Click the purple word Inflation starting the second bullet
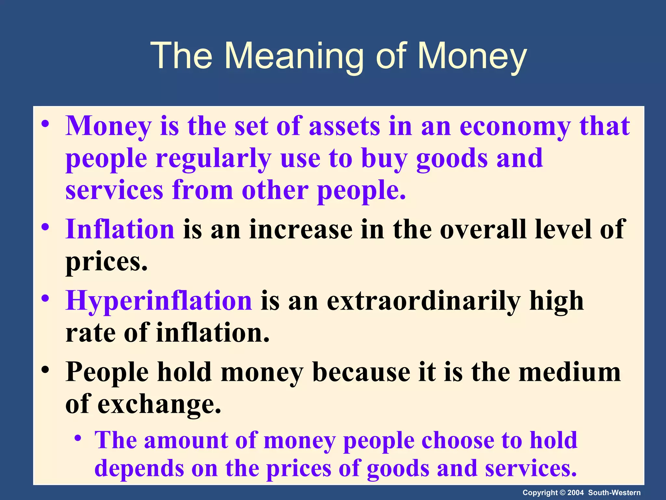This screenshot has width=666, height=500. (120, 229)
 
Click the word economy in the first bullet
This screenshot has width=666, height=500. (515, 126)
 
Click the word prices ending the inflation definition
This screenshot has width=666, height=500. (106, 262)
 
